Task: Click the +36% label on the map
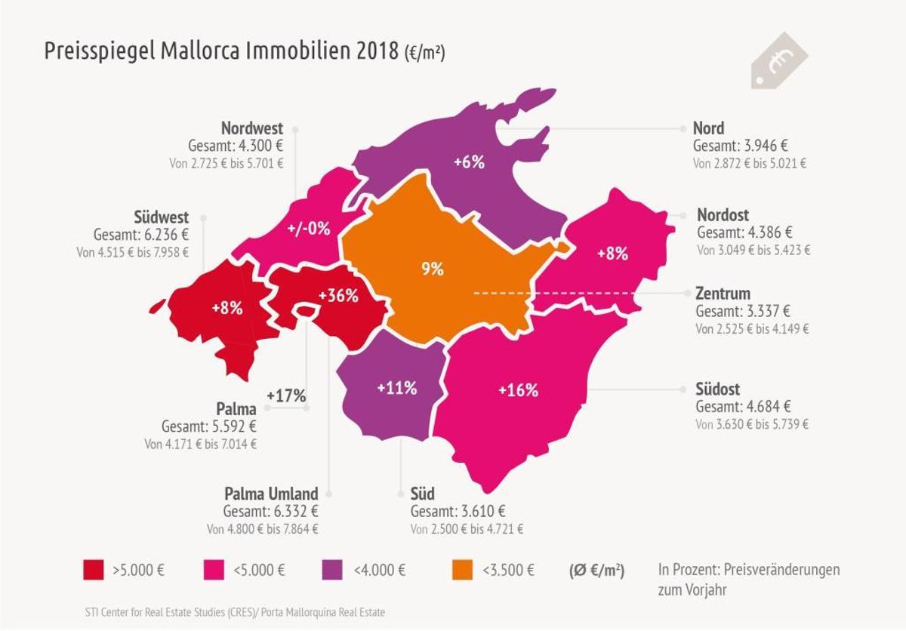pyautogui.click(x=338, y=296)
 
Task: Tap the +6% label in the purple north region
pyautogui.click(x=468, y=162)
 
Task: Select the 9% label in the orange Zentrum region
pyautogui.click(x=433, y=269)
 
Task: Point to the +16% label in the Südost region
pyautogui.click(x=518, y=390)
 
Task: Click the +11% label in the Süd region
pyautogui.click(x=396, y=389)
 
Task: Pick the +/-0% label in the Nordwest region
pyautogui.click(x=309, y=229)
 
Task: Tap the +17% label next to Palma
pyautogui.click(x=286, y=396)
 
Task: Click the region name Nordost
pyautogui.click(x=723, y=215)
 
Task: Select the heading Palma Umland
pyautogui.click(x=271, y=494)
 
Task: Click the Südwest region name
pyautogui.click(x=161, y=218)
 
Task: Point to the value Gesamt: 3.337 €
pyautogui.click(x=744, y=311)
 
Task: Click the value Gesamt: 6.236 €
pyautogui.click(x=141, y=235)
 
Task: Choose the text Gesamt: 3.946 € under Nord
pyautogui.click(x=740, y=146)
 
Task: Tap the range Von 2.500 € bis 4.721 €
pyautogui.click(x=467, y=529)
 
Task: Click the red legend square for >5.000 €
pyautogui.click(x=93, y=570)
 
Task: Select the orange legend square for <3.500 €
pyautogui.click(x=462, y=570)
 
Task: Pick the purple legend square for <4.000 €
pyautogui.click(x=333, y=570)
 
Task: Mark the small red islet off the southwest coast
pyautogui.click(x=157, y=306)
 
